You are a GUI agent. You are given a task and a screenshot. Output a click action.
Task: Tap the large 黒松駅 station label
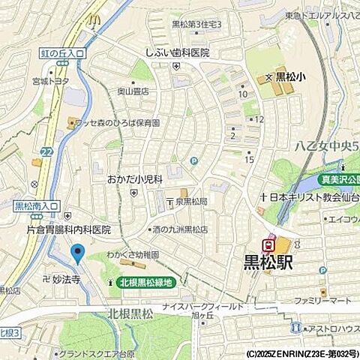268,263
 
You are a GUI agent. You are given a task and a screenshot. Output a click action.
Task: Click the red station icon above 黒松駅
267,243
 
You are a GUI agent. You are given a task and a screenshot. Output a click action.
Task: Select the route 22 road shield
47,152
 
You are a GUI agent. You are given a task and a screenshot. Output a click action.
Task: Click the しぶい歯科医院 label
178,53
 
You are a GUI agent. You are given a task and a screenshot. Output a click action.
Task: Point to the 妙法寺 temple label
65,277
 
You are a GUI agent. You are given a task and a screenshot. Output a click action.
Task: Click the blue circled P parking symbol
193,160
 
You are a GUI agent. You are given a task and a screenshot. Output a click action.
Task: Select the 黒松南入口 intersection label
37,205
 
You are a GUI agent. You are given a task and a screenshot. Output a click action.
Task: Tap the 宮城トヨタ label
50,81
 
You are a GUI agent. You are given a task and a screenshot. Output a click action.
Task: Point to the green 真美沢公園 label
340,179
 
